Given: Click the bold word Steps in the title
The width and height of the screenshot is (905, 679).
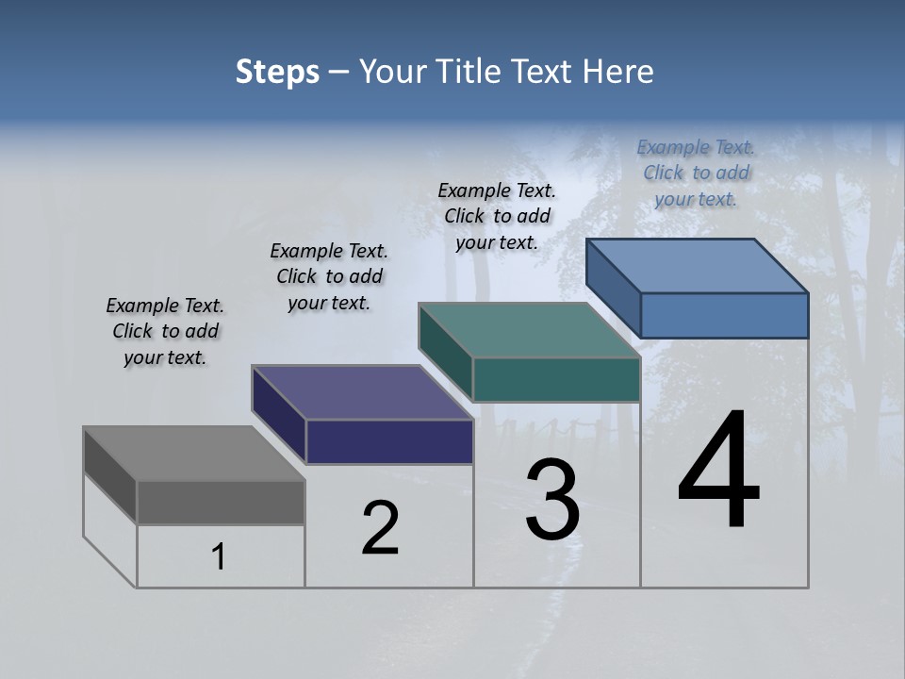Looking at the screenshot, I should [x=277, y=72].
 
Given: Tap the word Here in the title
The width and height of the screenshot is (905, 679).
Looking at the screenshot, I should [x=618, y=72].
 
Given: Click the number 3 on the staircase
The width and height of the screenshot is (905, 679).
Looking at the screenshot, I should [x=552, y=500].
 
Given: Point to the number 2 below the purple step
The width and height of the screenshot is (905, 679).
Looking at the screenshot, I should [x=381, y=528].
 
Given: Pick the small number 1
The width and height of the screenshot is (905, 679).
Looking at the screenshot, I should [x=219, y=556].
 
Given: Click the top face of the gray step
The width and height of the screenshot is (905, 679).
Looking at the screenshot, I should [x=193, y=454].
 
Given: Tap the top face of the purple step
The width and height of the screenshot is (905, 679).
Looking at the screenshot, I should [x=362, y=392].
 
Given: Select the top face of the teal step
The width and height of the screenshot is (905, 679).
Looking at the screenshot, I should [x=529, y=330].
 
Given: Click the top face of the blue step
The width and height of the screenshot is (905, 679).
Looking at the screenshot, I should [x=698, y=266].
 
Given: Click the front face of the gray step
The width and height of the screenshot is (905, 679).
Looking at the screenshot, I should [x=221, y=503].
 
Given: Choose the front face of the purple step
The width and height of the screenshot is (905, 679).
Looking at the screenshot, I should [x=389, y=441].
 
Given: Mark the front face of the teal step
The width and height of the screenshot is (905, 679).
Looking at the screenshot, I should [x=556, y=379].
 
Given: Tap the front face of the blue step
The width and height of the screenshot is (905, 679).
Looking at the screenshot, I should [x=724, y=315].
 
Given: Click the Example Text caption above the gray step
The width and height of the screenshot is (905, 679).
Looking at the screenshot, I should [x=165, y=331].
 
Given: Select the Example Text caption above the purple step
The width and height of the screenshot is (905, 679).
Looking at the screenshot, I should [x=329, y=276].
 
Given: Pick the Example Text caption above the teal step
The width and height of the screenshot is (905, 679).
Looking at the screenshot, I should [x=497, y=216].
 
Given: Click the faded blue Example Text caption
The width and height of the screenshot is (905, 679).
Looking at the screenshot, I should [x=696, y=173].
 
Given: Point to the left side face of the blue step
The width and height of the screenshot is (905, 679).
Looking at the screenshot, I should [x=614, y=287].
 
